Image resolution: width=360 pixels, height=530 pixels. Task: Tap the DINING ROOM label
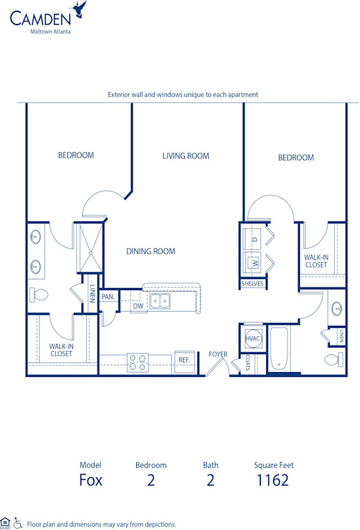tap(151, 251)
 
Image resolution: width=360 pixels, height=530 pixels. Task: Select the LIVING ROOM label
tap(185, 156)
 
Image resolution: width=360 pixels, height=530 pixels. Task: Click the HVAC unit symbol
tap(253, 339)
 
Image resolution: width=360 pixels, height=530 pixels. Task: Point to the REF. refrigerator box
tap(184, 361)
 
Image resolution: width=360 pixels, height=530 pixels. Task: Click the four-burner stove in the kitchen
tap(137, 361)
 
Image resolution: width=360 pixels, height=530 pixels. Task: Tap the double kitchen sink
tap(160, 301)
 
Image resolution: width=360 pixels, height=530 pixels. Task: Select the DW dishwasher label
tap(138, 306)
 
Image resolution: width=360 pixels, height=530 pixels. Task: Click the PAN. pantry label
tap(108, 297)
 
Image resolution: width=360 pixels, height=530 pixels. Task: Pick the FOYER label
tap(218, 354)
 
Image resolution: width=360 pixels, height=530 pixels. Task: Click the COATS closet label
tap(248, 363)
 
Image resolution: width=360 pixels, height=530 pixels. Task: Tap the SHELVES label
tap(252, 283)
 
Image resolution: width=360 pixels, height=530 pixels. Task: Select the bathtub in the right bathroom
tap(280, 348)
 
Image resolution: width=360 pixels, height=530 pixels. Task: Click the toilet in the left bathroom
tap(39, 295)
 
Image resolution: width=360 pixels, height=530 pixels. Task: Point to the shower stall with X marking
tap(88, 246)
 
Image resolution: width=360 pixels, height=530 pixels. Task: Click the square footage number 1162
tap(274, 480)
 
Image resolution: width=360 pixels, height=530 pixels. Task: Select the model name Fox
tap(91, 480)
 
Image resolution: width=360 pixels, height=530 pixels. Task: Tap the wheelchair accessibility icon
tap(18, 523)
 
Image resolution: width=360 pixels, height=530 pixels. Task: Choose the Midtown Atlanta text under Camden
tap(50, 32)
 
